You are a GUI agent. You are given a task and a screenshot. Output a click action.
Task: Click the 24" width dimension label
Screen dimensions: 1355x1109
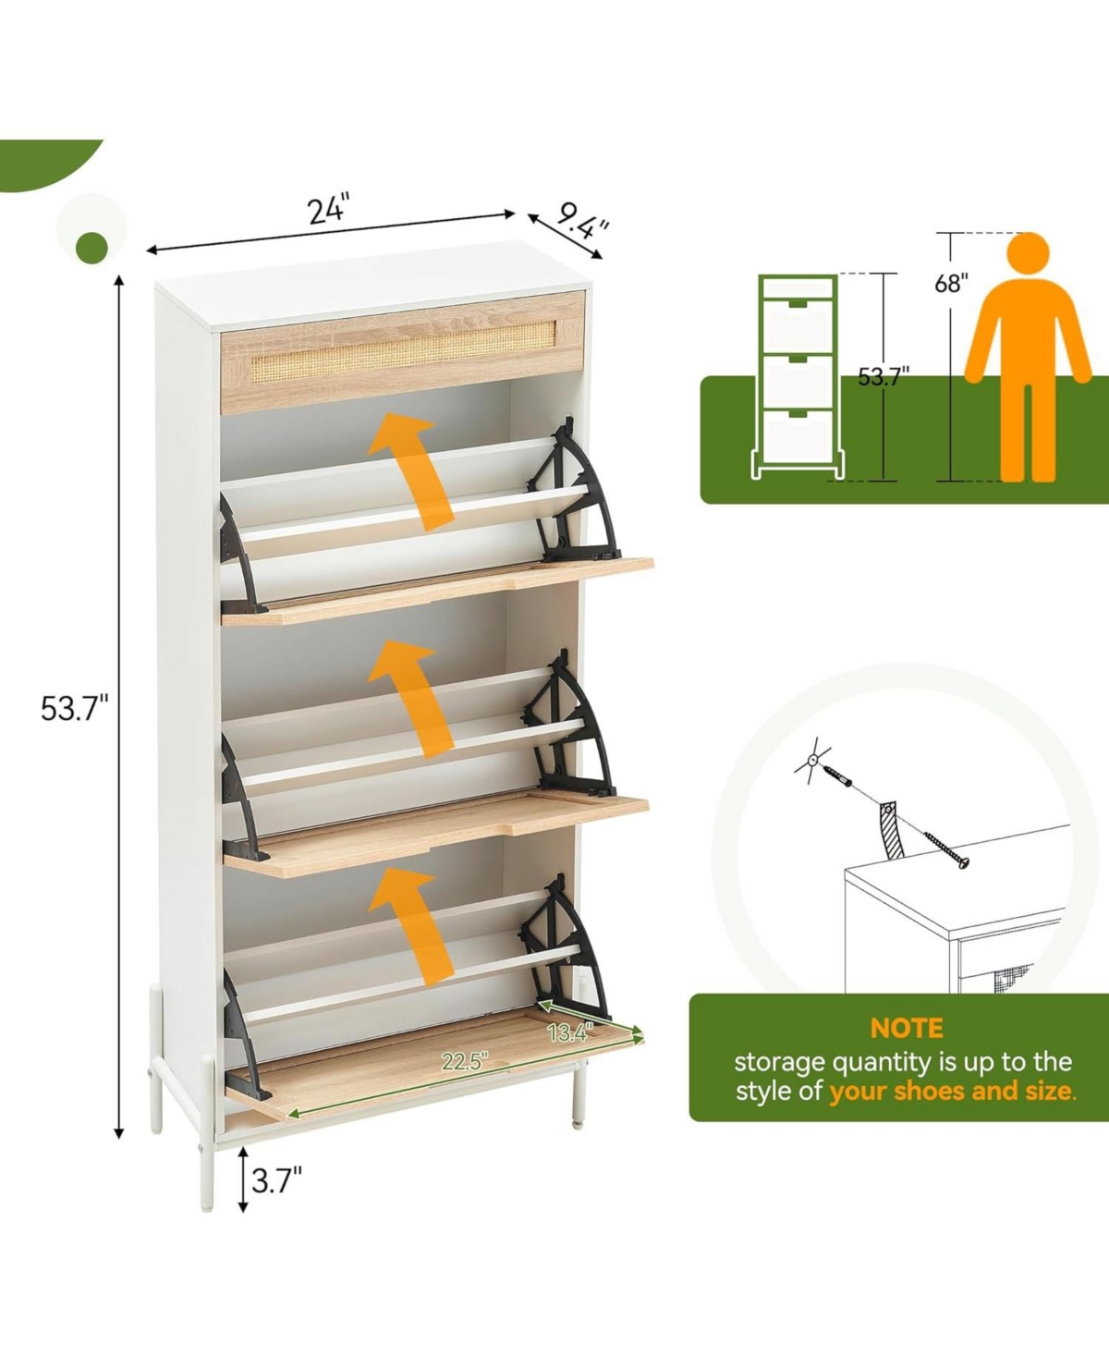point(329,209)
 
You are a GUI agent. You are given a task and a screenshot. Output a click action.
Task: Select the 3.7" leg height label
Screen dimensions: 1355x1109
point(276,1180)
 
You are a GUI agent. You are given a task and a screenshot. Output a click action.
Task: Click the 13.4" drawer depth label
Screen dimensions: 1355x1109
point(570,1032)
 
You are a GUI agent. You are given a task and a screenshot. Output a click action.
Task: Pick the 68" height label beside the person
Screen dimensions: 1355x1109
point(951,283)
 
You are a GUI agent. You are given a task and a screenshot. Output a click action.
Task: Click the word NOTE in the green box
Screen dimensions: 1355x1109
point(906,1028)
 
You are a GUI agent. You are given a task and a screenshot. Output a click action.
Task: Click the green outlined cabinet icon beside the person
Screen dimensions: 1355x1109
point(798,376)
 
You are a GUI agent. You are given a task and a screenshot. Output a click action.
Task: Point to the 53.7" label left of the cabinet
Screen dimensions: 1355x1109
point(74,709)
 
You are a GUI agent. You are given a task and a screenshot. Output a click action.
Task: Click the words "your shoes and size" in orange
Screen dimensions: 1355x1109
point(952,1092)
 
